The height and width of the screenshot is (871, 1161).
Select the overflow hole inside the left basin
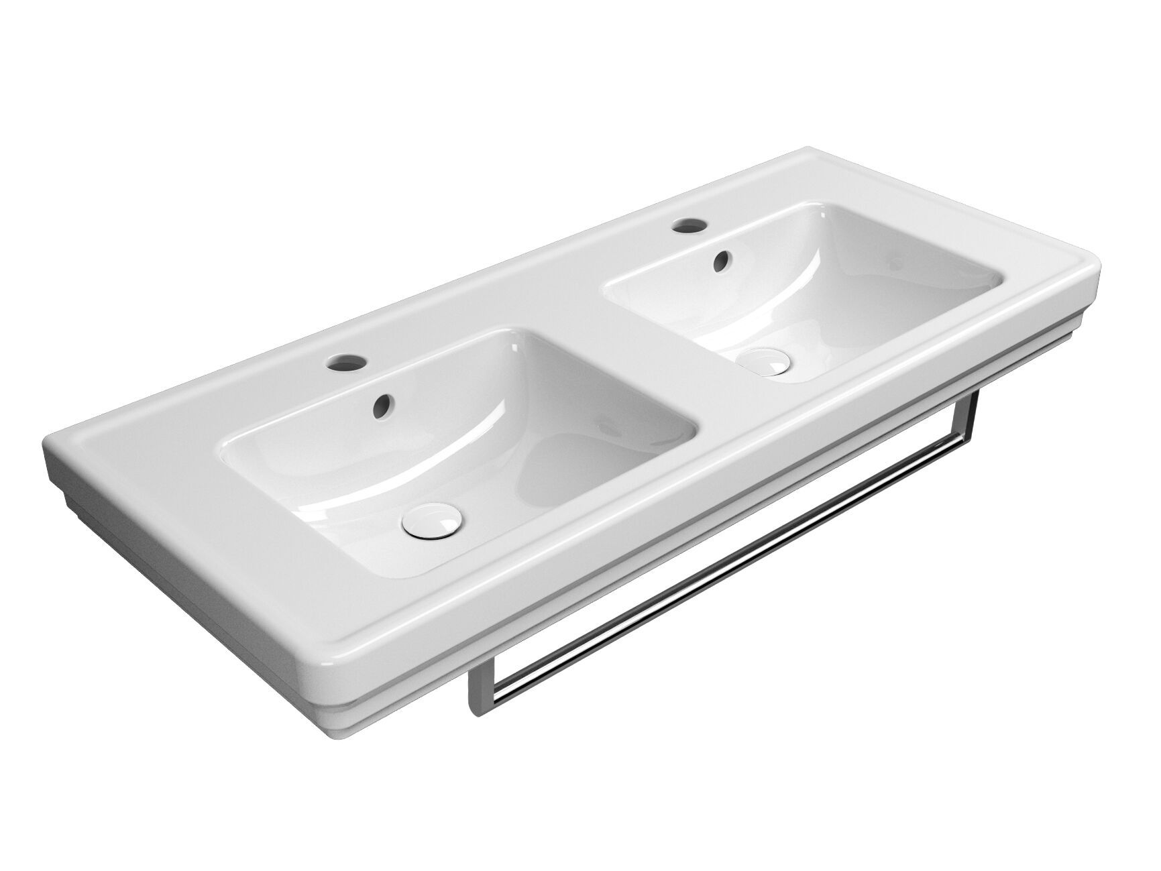(x=382, y=404)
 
